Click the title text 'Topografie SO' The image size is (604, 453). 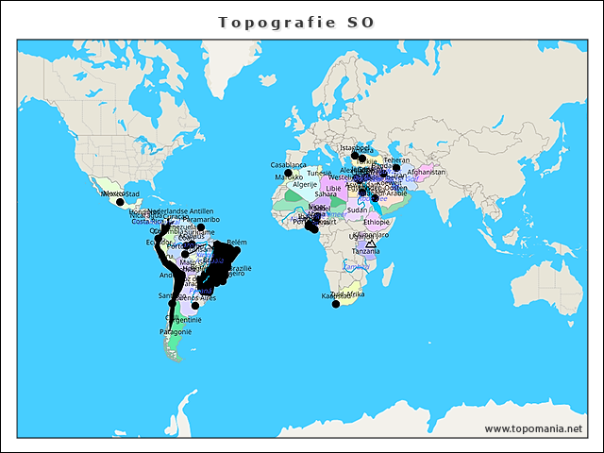tap(295, 22)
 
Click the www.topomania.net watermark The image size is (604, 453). tap(533, 429)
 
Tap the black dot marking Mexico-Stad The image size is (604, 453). tap(120, 202)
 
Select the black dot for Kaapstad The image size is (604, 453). tap(336, 304)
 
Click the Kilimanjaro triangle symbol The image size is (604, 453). tap(370, 244)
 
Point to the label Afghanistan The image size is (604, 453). tap(426, 173)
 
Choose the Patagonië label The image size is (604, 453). tap(176, 332)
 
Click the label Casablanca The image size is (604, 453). tap(289, 165)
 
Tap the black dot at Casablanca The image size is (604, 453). tap(288, 174)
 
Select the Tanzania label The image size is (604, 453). tap(366, 251)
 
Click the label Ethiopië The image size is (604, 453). tap(377, 223)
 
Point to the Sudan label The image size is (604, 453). tap(357, 210)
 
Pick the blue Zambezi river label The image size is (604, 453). tap(356, 267)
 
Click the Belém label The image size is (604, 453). tap(236, 243)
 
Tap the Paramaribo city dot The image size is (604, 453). tap(201, 227)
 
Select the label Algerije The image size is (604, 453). tap(305, 185)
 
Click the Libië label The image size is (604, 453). tap(334, 189)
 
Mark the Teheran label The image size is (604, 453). tap(396, 160)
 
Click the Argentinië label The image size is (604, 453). tap(185, 320)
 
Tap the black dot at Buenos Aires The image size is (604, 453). tap(195, 306)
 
